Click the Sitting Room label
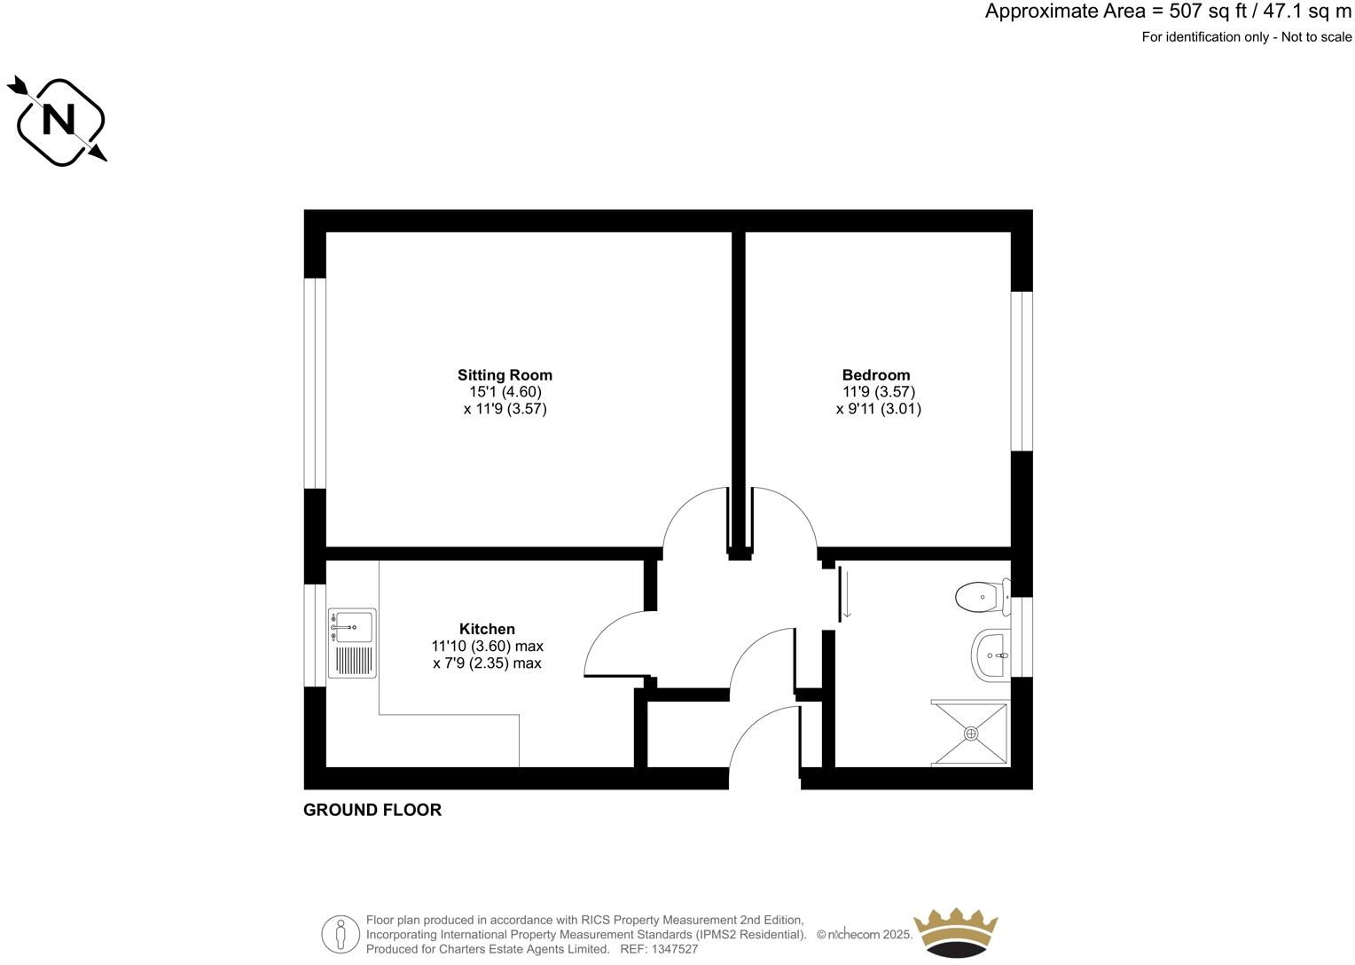pos(505,375)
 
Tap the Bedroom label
pos(876,375)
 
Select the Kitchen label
pos(487,629)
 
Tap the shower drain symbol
pos(971,734)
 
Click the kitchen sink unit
pos(352,643)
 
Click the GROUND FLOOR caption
pos(372,810)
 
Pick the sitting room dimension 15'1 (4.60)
pos(505,392)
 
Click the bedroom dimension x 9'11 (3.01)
pos(878,409)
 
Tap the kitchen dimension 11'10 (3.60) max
pos(487,646)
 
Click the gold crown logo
pos(956,931)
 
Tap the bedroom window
pos(1022,371)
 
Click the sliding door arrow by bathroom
pos(846,595)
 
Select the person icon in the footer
pos(341,934)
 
